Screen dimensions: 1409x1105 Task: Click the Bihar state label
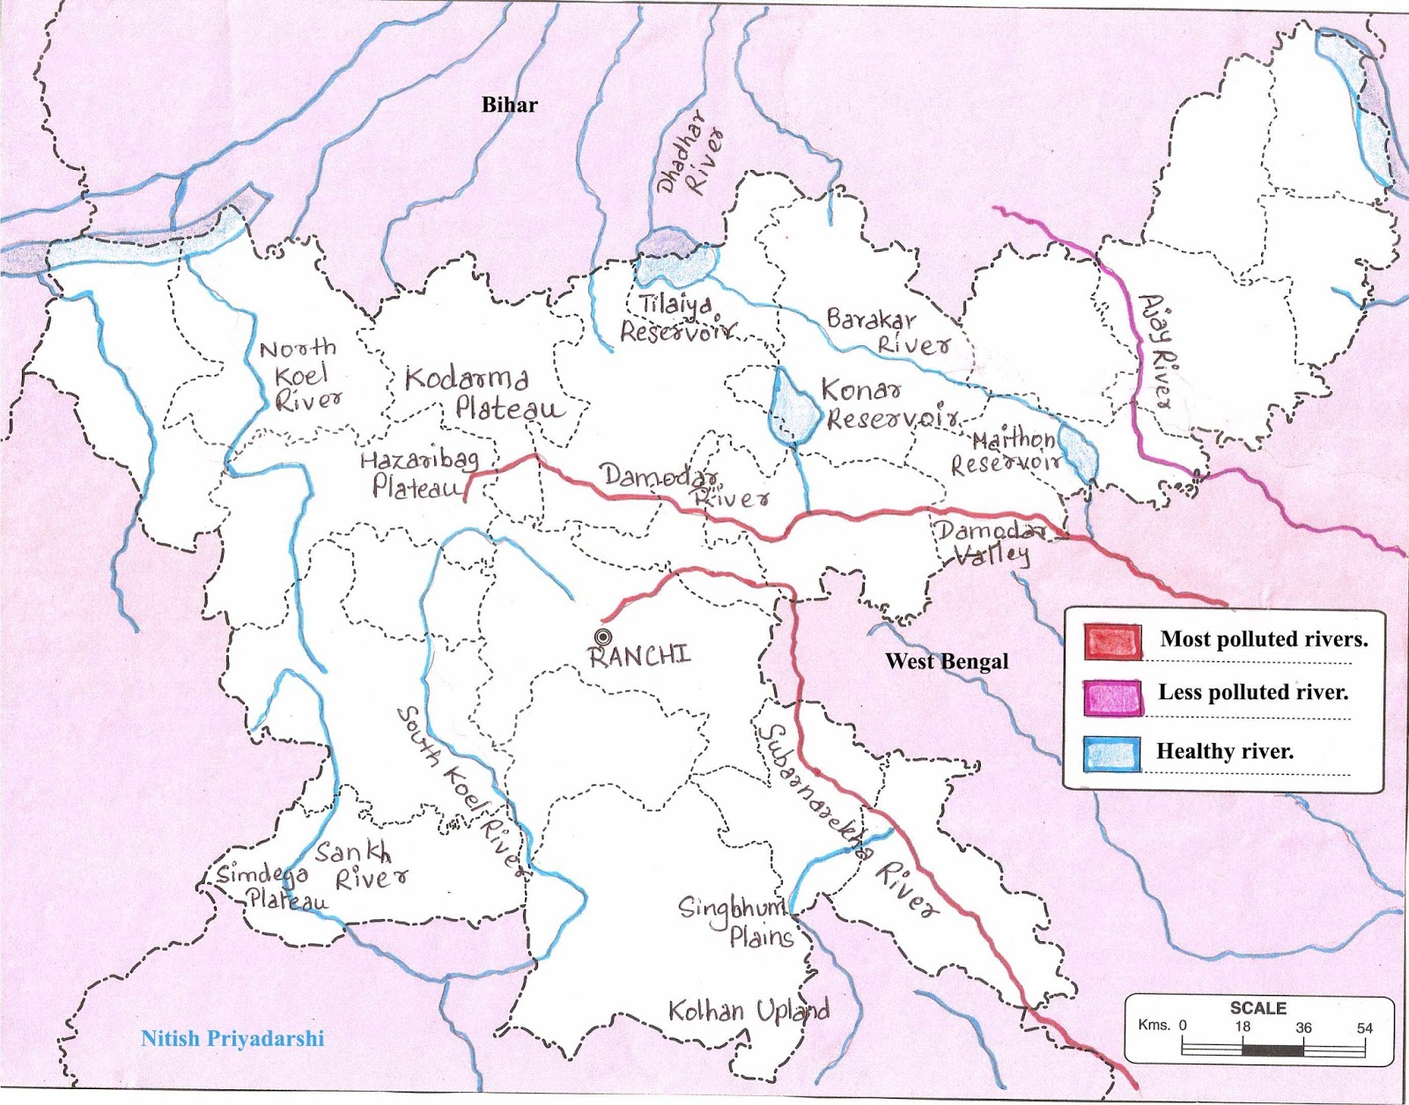(509, 105)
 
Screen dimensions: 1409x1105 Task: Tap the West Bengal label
(947, 661)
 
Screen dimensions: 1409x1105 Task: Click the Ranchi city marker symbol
(602, 637)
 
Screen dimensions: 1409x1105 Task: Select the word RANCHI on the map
(640, 656)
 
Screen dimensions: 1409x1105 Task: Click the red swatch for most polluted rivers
(1113, 641)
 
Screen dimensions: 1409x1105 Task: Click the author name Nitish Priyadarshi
(232, 1038)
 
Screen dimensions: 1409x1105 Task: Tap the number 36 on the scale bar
(1303, 1028)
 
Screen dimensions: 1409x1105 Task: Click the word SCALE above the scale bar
(1258, 1008)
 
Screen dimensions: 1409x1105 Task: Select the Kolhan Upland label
(748, 1011)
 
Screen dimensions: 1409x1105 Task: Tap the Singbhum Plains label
(736, 921)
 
